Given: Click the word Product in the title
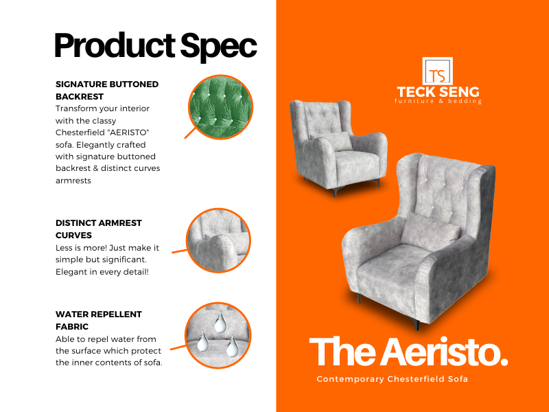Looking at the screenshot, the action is point(115,45).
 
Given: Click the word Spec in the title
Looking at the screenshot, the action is point(219,47).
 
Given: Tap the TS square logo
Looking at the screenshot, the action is point(437,71).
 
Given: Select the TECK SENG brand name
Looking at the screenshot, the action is point(438,92).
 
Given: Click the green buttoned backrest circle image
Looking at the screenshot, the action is point(220,107).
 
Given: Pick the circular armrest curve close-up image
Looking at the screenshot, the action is point(218,240).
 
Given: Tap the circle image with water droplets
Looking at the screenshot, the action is point(218,335).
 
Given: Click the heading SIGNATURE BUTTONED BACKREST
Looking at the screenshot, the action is point(107,91).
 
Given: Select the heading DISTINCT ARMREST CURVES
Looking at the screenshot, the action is point(99,229).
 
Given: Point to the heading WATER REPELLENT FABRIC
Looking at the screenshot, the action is point(99,320).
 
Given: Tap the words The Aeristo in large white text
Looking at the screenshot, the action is point(408,352).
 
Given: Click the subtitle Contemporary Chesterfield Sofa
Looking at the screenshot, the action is point(392,379).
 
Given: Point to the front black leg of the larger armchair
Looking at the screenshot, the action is point(417,324).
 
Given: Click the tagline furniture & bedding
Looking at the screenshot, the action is point(438,101).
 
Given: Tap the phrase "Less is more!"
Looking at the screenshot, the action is point(81,248).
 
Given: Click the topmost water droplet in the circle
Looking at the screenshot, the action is point(220,323).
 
